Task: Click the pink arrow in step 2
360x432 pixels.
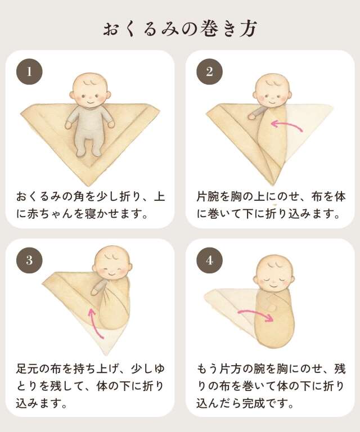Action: (x=287, y=125)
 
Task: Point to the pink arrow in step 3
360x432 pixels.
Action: (x=96, y=322)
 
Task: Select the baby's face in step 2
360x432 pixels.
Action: (x=272, y=93)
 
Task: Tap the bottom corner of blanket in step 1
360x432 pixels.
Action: (x=90, y=183)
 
